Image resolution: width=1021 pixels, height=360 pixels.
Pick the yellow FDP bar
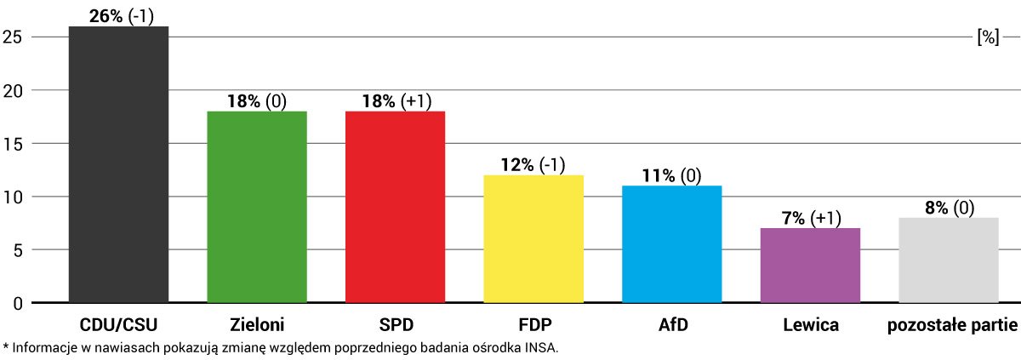click(x=533, y=239)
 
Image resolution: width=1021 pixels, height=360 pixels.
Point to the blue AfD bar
click(x=672, y=244)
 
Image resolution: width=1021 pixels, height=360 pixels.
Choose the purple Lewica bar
click(x=810, y=266)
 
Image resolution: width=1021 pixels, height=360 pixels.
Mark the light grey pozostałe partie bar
click(x=949, y=260)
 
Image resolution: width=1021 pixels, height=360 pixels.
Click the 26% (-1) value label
click(x=122, y=15)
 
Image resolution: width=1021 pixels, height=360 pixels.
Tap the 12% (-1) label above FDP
click(x=533, y=165)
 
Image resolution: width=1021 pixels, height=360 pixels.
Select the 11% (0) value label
click(x=671, y=175)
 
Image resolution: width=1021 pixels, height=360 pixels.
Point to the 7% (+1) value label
click(x=810, y=218)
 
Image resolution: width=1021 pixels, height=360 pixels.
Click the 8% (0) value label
click(x=948, y=208)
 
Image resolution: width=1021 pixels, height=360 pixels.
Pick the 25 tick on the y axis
click(x=12, y=37)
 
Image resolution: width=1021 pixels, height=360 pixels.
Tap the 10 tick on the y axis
click(x=12, y=197)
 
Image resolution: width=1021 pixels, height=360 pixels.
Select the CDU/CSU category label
click(x=118, y=324)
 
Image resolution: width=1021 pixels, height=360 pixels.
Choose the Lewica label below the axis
click(x=810, y=324)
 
